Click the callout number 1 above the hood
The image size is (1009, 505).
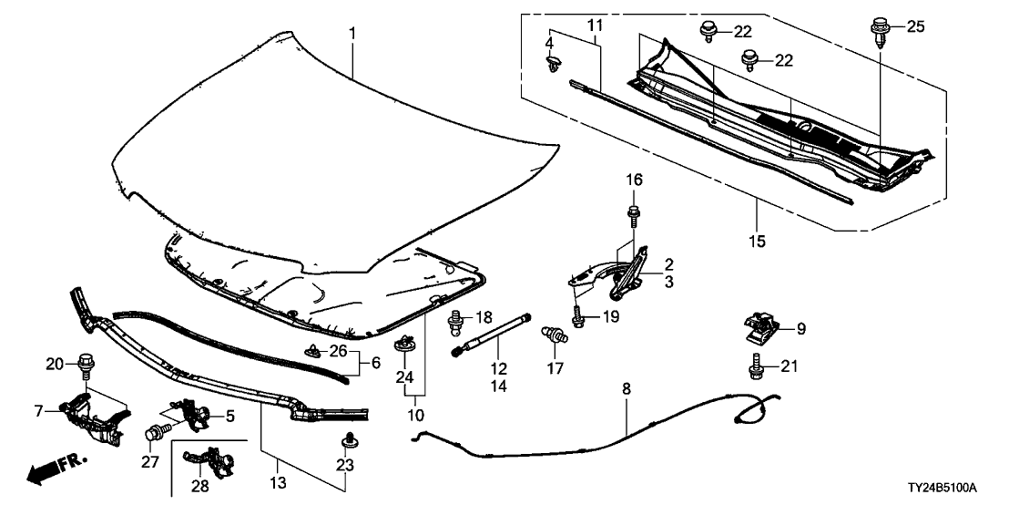pyautogui.click(x=352, y=36)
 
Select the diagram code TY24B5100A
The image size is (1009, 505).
pyautogui.click(x=951, y=490)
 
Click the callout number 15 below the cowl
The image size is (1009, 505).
pyautogui.click(x=758, y=242)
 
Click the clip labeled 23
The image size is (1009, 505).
pyautogui.click(x=349, y=444)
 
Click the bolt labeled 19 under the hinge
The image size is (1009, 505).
pyautogui.click(x=578, y=316)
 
